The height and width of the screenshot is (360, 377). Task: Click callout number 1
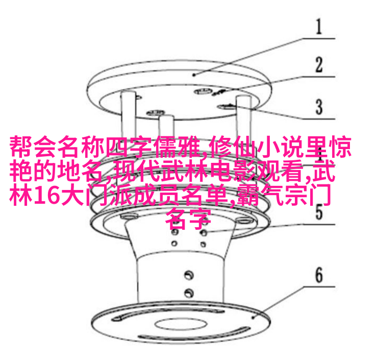[319, 27]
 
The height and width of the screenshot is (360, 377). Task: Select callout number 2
[319, 64]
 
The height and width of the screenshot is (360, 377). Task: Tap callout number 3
[319, 107]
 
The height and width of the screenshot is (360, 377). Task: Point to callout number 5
[319, 212]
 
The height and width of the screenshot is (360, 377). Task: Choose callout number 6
[319, 275]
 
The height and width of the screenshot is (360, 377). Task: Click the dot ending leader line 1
[194, 75]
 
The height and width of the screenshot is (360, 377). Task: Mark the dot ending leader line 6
[253, 318]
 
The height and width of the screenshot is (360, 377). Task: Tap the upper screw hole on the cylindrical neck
[189, 275]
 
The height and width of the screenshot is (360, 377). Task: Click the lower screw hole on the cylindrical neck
[189, 293]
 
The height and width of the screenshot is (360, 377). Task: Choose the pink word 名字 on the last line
[189, 219]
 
